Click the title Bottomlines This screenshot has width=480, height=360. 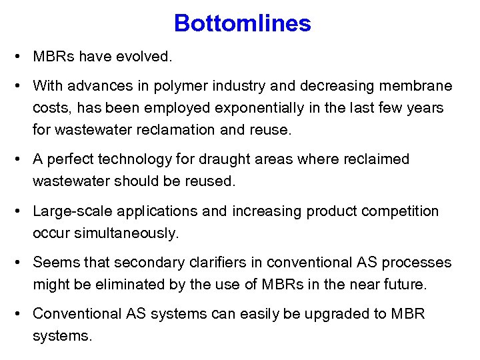point(242,24)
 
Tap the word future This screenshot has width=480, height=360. point(403,285)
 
